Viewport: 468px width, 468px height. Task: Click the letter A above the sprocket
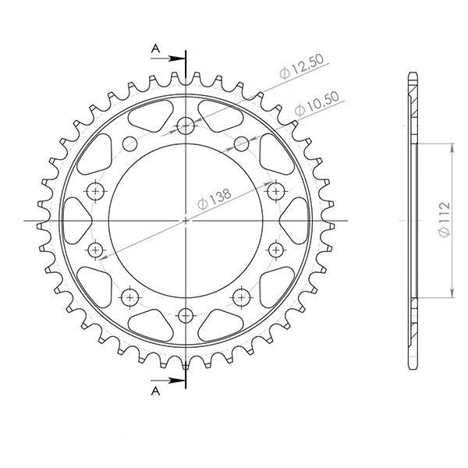155,49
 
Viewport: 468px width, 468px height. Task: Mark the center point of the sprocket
186,222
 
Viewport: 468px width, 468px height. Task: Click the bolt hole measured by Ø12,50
186,125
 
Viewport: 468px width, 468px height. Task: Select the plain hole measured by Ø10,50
241,144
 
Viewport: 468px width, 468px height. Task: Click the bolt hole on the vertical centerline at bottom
186,315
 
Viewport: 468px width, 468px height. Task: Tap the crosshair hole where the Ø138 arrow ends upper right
275,190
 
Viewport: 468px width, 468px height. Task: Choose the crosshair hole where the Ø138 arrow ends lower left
97,250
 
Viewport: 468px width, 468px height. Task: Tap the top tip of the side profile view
413,73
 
